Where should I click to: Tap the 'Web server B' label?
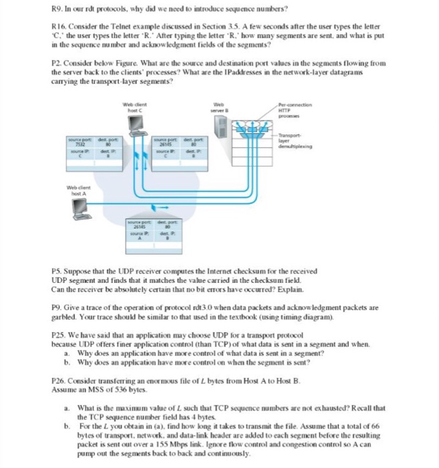[221, 106]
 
